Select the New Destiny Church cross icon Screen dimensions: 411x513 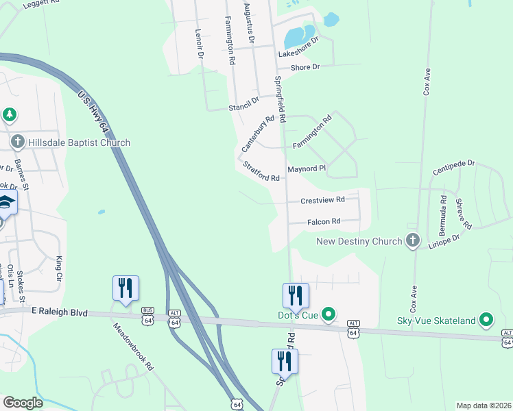click(x=412, y=240)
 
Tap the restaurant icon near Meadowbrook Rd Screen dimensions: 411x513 click(x=126, y=288)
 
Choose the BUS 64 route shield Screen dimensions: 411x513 click(x=148, y=319)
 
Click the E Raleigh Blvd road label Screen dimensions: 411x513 click(x=60, y=312)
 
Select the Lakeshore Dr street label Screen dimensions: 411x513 click(x=298, y=48)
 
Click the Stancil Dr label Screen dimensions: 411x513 click(x=244, y=103)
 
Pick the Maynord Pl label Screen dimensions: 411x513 click(x=306, y=169)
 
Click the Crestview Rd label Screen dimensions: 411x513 click(x=322, y=200)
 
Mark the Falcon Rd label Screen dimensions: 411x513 click(x=324, y=221)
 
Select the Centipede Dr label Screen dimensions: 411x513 click(x=454, y=166)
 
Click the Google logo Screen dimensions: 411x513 click(x=23, y=403)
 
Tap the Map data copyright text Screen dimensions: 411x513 click(x=484, y=406)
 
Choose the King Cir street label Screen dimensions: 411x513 click(x=59, y=264)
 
